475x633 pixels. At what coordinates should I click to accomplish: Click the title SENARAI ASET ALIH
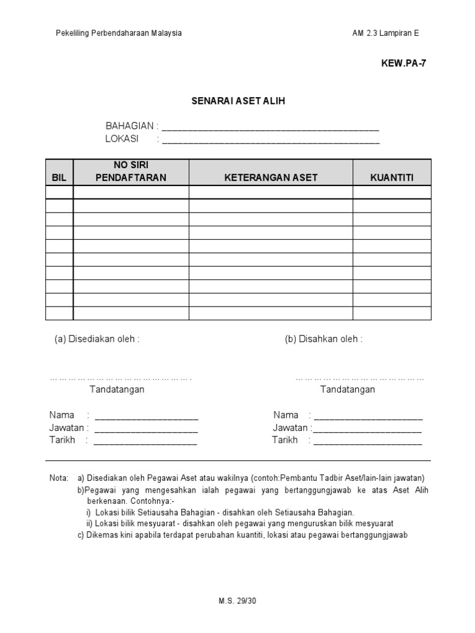(237, 101)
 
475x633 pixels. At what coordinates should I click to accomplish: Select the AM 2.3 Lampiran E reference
(385, 33)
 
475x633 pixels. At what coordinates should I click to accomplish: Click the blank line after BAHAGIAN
(270, 128)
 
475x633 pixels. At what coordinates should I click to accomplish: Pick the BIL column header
(59, 178)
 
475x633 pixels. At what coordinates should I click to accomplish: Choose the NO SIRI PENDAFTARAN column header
(131, 171)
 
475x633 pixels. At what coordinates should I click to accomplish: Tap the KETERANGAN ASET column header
(270, 178)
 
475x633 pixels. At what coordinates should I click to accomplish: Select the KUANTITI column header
(392, 178)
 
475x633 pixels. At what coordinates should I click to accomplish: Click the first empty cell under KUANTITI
(392, 192)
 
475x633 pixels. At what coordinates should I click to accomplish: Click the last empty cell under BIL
(59, 313)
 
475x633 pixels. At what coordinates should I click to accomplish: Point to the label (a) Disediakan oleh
(97, 339)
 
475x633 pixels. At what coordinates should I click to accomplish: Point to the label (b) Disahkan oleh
(323, 339)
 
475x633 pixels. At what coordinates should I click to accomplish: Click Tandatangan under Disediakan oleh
(117, 389)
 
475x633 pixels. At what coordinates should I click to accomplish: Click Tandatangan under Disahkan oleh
(347, 389)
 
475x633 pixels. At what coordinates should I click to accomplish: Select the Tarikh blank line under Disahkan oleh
(367, 441)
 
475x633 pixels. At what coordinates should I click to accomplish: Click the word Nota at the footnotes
(59, 478)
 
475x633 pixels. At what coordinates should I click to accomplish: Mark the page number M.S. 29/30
(237, 601)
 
